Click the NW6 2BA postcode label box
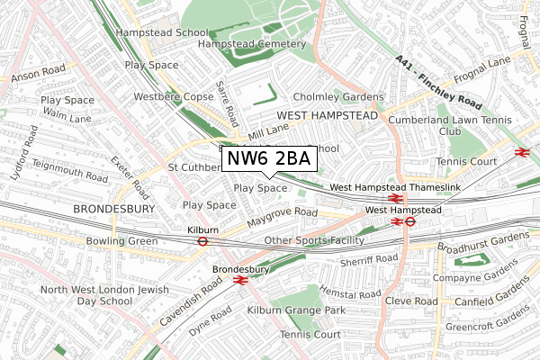tap(267, 159)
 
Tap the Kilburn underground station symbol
tap(203, 240)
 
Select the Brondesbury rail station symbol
tap(239, 280)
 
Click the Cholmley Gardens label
tap(338, 97)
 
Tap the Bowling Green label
tap(121, 241)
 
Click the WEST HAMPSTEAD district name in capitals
tap(328, 115)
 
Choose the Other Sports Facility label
tap(314, 240)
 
